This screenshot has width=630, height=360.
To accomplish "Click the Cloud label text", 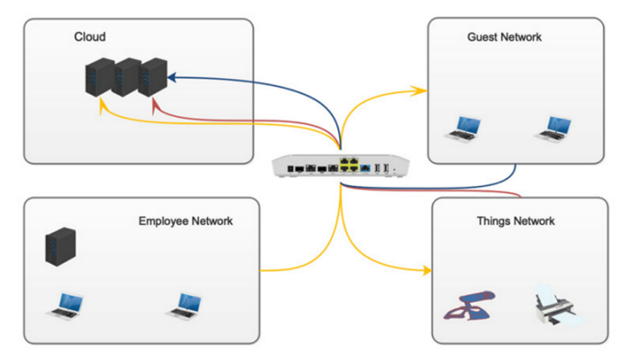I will pyautogui.click(x=90, y=37).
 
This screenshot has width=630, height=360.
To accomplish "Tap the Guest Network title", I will pyautogui.click(x=504, y=37).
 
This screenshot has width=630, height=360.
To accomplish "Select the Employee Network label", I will pyautogui.click(x=185, y=221).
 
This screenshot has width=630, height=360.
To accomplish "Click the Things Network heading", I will pyautogui.click(x=515, y=221).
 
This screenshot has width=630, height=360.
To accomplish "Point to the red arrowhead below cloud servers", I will pyautogui.click(x=156, y=109).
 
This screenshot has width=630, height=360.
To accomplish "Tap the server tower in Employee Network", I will pyautogui.click(x=60, y=246).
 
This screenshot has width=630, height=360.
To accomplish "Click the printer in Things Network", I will pyautogui.click(x=557, y=306).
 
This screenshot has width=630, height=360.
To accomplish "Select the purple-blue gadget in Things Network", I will pyautogui.click(x=470, y=304).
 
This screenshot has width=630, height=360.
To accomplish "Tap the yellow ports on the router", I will pyautogui.click(x=349, y=165).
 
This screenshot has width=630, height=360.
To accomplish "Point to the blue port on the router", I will pyautogui.click(x=366, y=167).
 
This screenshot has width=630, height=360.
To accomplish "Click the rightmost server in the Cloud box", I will pyautogui.click(x=153, y=77).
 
